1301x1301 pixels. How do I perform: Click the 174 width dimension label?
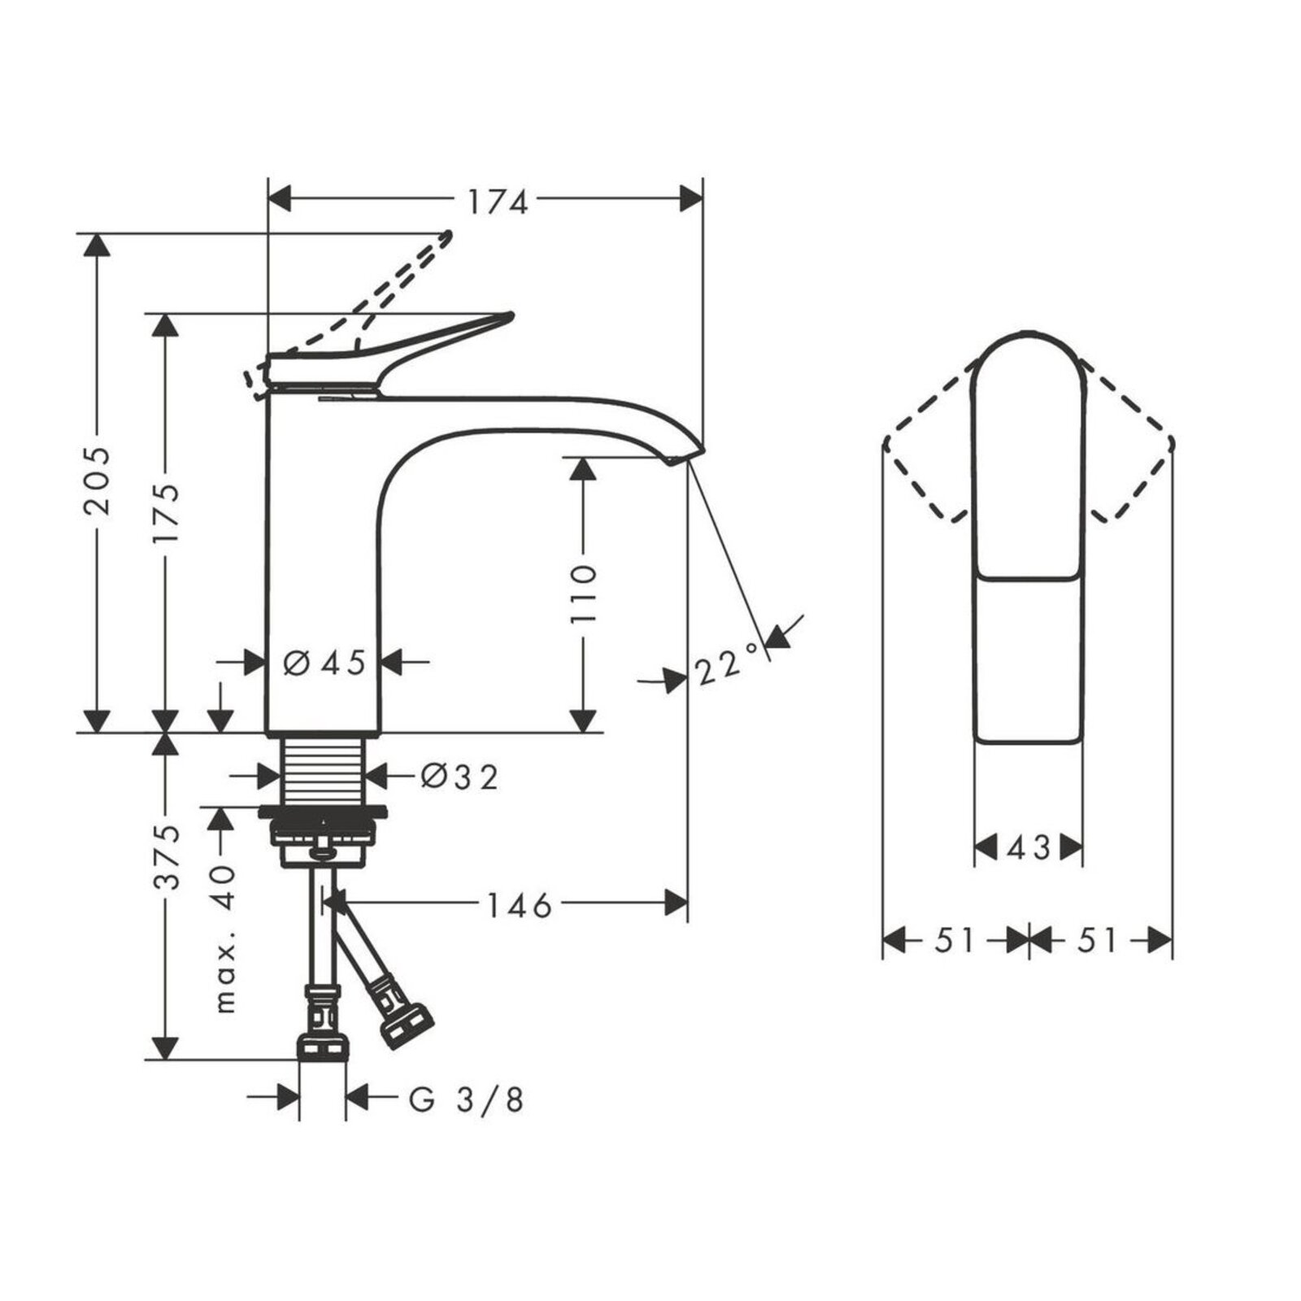[497, 202]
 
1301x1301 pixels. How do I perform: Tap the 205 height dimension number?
[98, 480]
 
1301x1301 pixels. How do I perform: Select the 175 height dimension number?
[166, 517]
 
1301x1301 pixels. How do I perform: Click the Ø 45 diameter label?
[324, 663]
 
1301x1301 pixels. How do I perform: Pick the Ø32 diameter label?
[459, 777]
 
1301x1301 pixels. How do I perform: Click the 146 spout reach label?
[519, 904]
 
